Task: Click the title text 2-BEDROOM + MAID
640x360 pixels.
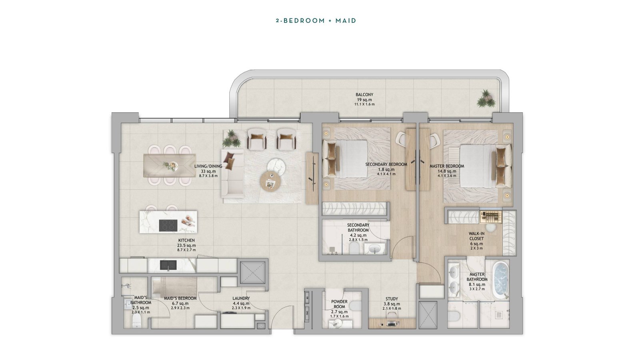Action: tap(316, 20)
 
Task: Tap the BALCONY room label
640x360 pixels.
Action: tap(364, 94)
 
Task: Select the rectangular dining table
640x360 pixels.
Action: tap(170, 166)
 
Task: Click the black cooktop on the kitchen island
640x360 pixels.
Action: tap(168, 226)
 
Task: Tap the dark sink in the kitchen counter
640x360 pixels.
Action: tap(168, 265)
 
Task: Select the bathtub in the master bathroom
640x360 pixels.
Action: tap(501, 281)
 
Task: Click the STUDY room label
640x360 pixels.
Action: tap(392, 299)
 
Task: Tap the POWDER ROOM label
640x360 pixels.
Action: tap(340, 304)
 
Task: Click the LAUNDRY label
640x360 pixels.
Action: tap(241, 298)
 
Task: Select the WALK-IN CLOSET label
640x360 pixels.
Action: tap(476, 236)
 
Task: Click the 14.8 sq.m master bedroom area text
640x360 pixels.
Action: tap(447, 171)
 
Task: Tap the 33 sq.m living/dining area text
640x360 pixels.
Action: tap(208, 172)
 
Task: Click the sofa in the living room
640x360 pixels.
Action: tap(232, 174)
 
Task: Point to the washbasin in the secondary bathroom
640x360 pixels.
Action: tap(375, 249)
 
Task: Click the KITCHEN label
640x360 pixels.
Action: tap(186, 240)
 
